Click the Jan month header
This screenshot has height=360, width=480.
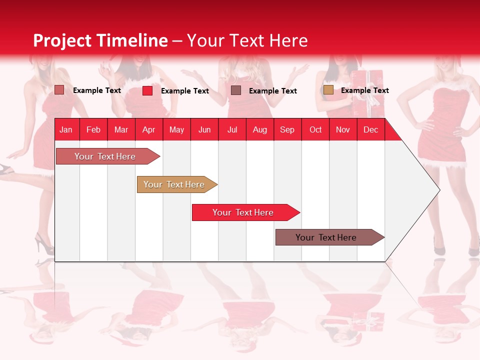tap(66, 129)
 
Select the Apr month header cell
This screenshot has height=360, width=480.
tap(149, 129)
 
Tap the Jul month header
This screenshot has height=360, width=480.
tap(232, 129)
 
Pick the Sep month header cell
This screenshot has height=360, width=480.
tap(287, 129)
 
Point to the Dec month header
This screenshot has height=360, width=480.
tap(370, 129)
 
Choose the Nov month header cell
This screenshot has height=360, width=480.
tap(343, 129)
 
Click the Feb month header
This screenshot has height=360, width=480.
tap(93, 129)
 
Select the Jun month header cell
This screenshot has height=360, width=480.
tap(204, 129)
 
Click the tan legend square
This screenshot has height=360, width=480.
tap(328, 90)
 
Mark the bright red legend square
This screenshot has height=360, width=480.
tap(147, 90)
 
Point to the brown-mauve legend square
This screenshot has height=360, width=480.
tap(236, 90)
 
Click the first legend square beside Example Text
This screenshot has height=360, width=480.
tap(59, 90)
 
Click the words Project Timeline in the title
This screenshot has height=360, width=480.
tap(100, 40)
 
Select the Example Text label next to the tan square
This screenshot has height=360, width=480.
tap(364, 90)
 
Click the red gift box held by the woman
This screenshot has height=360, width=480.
tap(368, 85)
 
